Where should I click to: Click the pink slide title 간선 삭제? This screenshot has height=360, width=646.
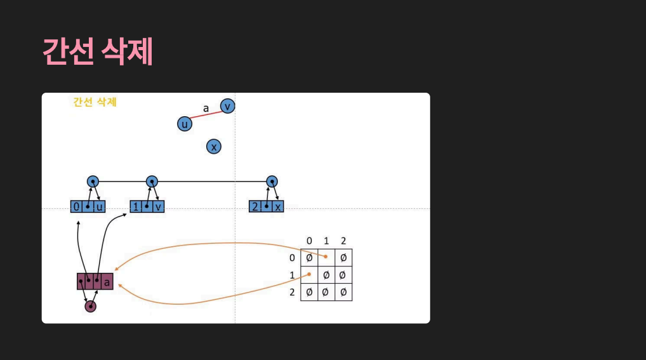(x=98, y=52)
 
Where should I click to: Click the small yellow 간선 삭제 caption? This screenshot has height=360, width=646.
(x=95, y=102)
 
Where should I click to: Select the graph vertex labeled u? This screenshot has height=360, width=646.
(x=185, y=124)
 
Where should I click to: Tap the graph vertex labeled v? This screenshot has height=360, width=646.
(x=227, y=106)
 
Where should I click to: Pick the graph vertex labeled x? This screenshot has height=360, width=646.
(x=214, y=147)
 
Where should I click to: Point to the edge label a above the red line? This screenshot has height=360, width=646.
(x=206, y=108)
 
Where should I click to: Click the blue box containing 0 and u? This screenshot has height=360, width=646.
(x=88, y=206)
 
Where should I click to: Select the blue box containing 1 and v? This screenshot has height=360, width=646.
(x=147, y=206)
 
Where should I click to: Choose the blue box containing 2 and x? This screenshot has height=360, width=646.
(x=267, y=206)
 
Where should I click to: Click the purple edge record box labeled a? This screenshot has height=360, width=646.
(x=95, y=281)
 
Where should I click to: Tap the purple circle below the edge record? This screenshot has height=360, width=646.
(x=91, y=307)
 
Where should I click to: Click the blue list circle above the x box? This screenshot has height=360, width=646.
(x=272, y=182)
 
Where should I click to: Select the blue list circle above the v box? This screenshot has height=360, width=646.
(x=152, y=182)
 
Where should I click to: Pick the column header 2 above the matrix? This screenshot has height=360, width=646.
(x=343, y=241)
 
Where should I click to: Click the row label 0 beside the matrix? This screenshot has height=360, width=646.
(x=292, y=258)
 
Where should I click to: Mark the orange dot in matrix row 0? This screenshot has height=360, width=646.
(x=326, y=257)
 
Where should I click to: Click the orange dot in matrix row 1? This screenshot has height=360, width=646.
(x=310, y=274)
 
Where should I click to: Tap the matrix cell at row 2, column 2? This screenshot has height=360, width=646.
(x=343, y=292)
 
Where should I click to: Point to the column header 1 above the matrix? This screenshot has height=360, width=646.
(x=326, y=241)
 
